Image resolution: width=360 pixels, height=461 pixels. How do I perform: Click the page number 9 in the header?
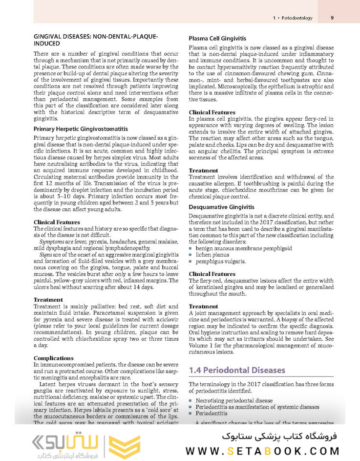pos(332,18)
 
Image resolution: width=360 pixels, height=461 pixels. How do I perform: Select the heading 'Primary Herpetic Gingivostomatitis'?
pos(81,129)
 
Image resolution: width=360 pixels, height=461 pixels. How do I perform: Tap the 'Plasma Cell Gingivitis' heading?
pos(217,38)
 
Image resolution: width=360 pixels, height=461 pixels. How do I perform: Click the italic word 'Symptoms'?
pos(51,242)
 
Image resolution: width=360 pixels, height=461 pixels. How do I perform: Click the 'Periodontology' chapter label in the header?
pos(299,19)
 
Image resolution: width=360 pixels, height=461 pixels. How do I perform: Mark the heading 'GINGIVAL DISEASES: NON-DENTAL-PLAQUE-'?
pos(95,37)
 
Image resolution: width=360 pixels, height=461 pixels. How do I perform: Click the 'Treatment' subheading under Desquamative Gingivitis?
pos(203,306)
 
